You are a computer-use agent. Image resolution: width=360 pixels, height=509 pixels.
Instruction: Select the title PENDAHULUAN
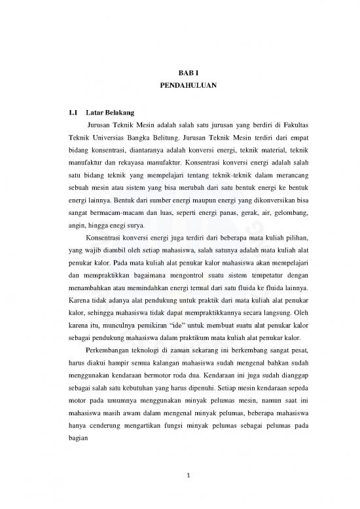tap(179, 86)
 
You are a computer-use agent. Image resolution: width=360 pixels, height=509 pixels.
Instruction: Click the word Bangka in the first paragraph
tap(151, 138)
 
